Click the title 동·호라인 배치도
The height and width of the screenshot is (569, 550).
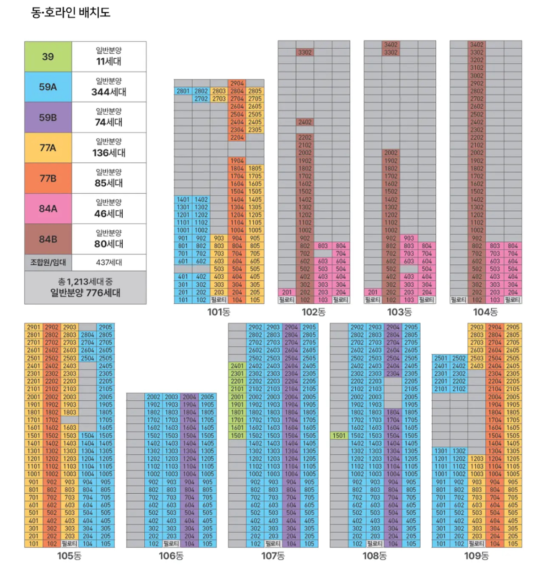pos(71,13)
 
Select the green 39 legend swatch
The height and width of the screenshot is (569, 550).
pos(48,57)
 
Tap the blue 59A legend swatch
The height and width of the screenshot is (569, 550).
pos(48,87)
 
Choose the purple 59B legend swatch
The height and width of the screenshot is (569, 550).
pos(48,118)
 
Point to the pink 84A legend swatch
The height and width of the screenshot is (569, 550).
pos(48,209)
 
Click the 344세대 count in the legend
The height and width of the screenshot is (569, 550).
pos(109,92)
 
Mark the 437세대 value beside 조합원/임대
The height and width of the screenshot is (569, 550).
pos(109,262)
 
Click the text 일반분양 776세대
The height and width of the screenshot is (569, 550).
pos(85,293)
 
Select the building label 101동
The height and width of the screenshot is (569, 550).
pos(219,312)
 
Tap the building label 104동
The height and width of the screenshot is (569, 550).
pos(485,312)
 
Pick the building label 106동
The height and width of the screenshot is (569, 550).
pos(171,556)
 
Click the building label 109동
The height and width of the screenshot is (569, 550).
pos(476,556)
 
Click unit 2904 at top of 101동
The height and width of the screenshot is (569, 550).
pos(237,83)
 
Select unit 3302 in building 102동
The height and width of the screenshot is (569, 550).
pos(305,52)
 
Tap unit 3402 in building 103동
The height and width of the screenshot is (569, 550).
pos(391,45)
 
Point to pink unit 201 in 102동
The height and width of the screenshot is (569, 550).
pos(287,292)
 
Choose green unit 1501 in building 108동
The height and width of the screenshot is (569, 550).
pos(339,435)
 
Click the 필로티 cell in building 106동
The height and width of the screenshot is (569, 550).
pos(171,544)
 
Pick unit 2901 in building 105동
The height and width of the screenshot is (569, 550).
pos(33,327)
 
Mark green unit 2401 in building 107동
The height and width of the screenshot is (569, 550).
pos(237,366)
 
